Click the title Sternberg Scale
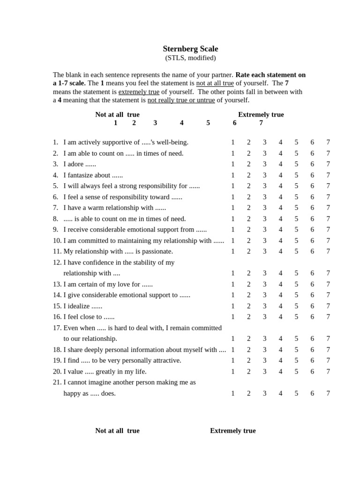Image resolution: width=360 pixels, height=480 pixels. [190, 49]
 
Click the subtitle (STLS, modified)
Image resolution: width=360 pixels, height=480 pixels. [190, 58]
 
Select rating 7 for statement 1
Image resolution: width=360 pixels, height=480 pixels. [328, 142]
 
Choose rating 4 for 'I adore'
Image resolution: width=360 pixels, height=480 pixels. [280, 164]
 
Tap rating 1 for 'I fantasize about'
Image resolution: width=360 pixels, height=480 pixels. [232, 175]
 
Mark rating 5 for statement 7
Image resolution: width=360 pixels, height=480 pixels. [296, 208]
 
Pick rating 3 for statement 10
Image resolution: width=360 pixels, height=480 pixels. [264, 240]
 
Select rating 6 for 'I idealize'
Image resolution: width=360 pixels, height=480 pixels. [312, 306]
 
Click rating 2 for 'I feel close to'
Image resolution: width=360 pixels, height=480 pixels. [248, 317]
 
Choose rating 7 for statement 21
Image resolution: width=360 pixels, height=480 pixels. [328, 393]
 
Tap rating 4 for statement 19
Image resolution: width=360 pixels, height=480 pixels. [280, 360]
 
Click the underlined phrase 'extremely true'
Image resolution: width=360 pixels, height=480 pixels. [139, 92]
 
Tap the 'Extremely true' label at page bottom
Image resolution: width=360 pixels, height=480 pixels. [233, 431]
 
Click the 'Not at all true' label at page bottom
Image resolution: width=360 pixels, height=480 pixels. [117, 431]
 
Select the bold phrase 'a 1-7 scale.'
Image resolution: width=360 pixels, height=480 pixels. [69, 83]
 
